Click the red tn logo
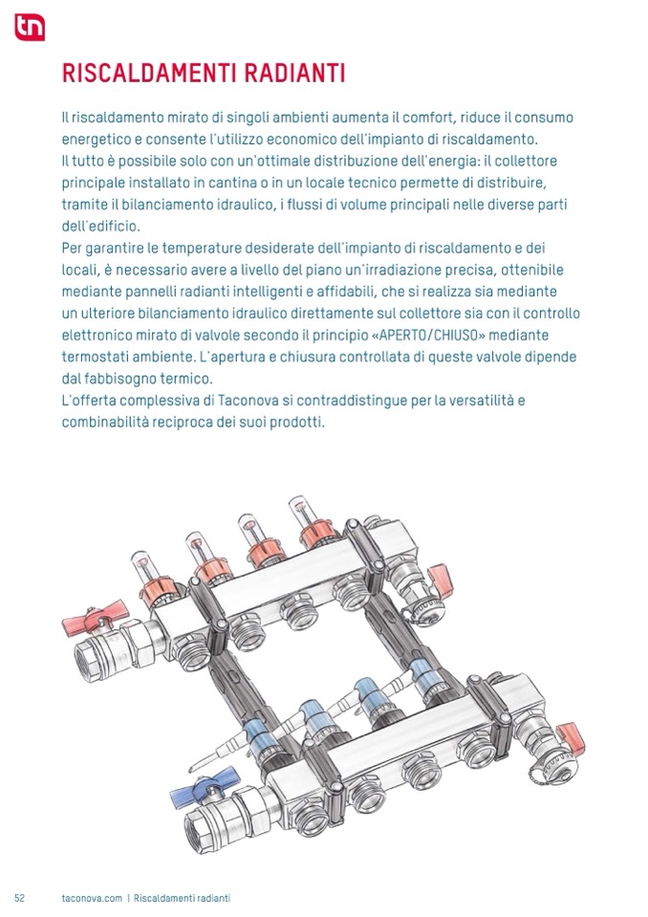click(30, 27)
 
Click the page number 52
click(19, 898)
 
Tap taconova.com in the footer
click(92, 898)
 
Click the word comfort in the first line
click(428, 118)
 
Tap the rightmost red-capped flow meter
click(313, 523)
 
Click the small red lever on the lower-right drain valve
click(572, 738)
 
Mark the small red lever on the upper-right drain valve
click(441, 580)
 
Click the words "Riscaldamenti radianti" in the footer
click(182, 898)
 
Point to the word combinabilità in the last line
click(105, 423)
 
